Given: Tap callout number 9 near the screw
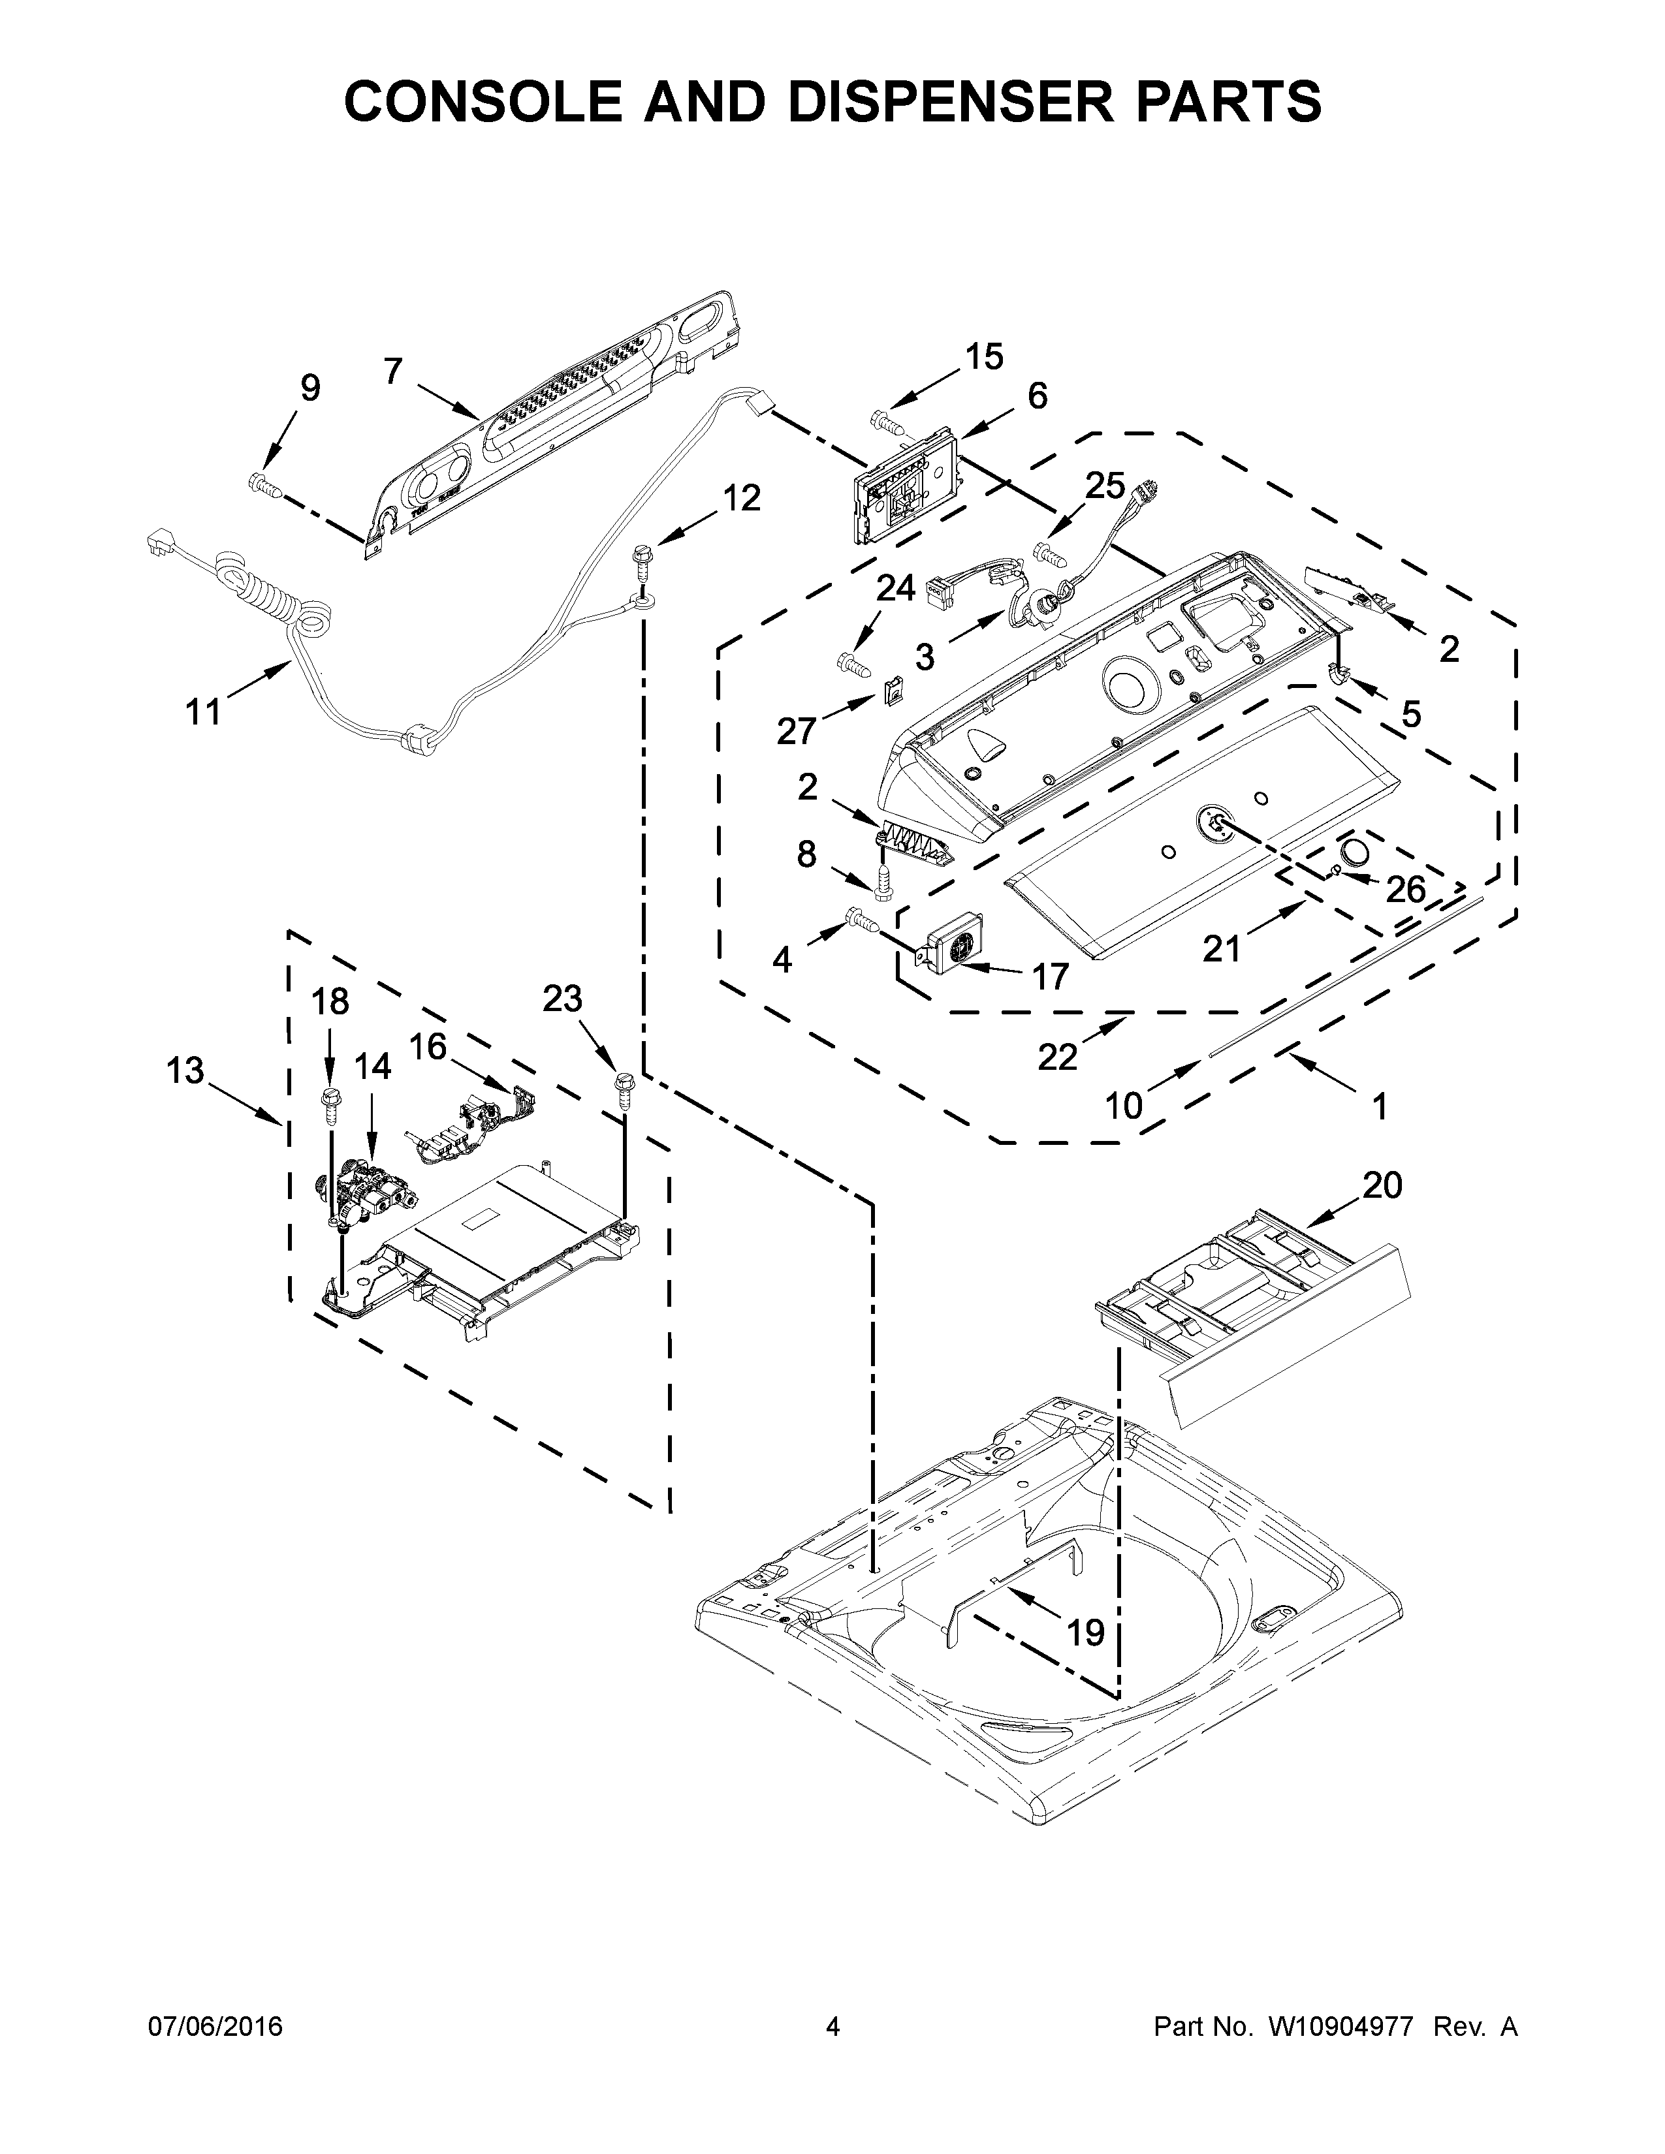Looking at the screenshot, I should point(309,388).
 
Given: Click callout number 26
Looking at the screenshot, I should point(1406,890).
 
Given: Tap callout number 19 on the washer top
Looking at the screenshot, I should point(1085,1633).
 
